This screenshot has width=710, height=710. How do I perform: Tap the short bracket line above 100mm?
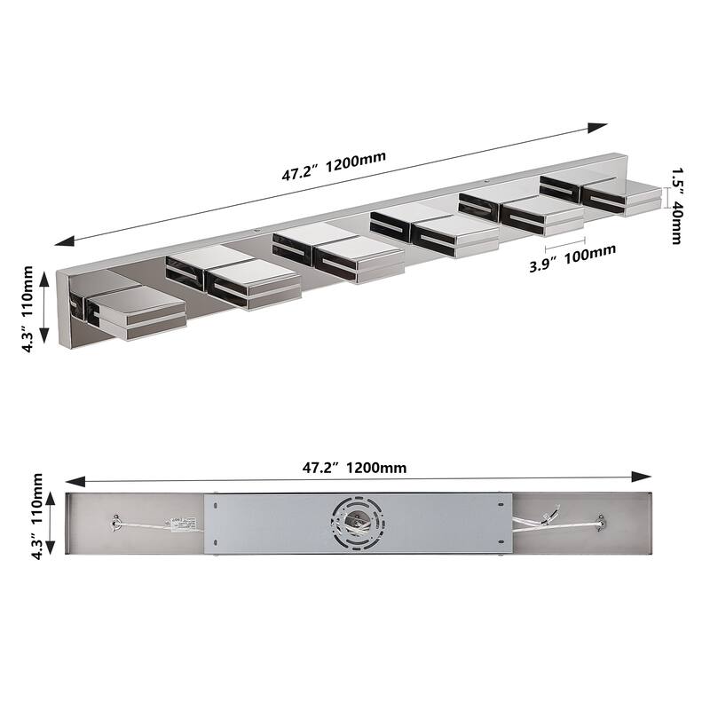[x=564, y=239]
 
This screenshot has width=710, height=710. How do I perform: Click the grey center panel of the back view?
[x=266, y=524]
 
